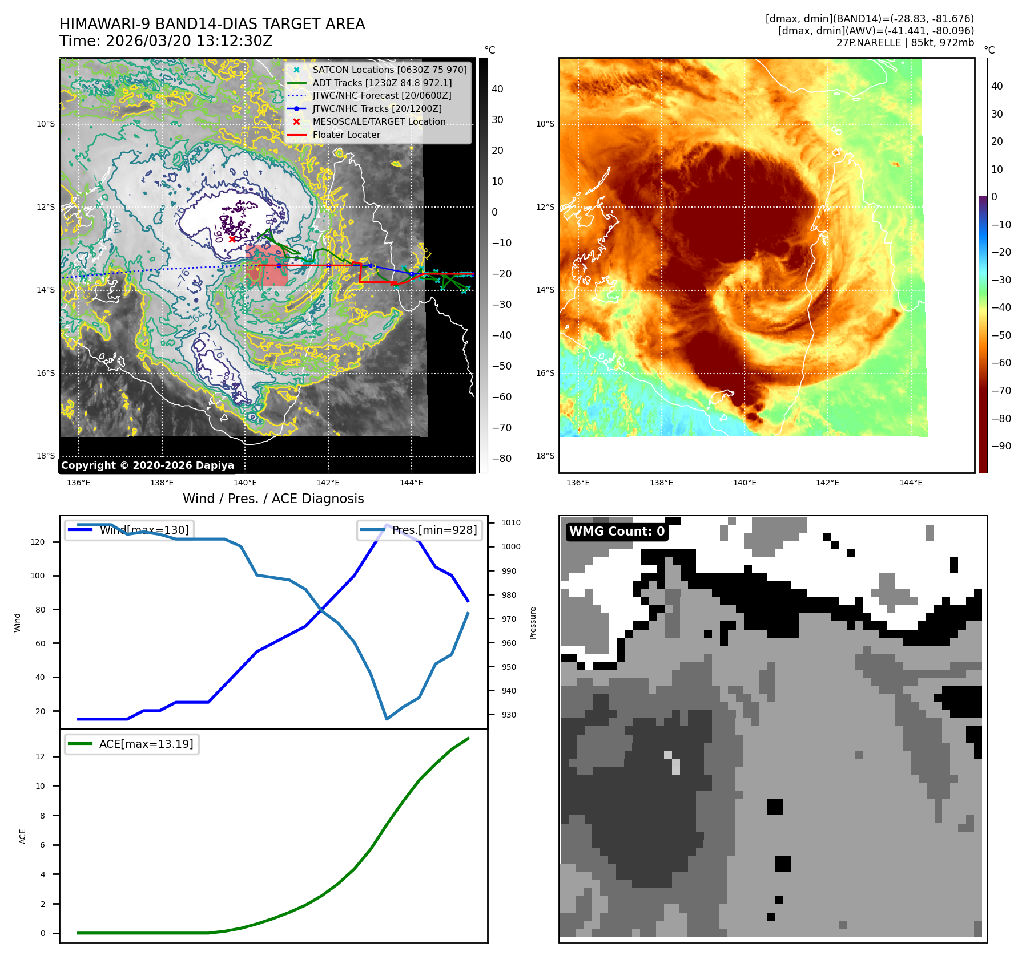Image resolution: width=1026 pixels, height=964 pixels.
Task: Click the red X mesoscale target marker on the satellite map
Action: (232, 239)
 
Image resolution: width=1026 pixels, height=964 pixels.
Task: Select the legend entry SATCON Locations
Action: (389, 70)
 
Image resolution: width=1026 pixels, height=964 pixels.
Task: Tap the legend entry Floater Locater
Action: (346, 135)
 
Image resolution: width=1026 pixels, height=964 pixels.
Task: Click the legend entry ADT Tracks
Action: (382, 83)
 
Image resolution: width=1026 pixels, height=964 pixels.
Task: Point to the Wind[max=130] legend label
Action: (144, 530)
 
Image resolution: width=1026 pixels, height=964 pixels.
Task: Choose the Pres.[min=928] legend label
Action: (434, 530)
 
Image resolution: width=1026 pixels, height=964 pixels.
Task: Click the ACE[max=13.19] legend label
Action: (146, 744)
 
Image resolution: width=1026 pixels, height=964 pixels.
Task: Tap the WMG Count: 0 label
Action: (617, 532)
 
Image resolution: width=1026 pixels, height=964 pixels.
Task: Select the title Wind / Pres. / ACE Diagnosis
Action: (273, 499)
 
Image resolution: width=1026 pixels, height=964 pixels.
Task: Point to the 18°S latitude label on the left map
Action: (46, 456)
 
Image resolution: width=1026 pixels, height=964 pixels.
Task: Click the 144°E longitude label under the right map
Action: (911, 483)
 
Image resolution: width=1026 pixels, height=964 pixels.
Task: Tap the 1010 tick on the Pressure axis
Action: (511, 522)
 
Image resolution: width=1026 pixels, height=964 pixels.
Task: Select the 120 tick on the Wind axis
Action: (38, 542)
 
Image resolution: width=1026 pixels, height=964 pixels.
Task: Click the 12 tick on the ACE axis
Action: (40, 757)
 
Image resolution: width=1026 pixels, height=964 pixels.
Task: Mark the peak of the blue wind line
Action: (387, 524)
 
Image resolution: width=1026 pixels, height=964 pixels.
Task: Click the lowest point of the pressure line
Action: (387, 719)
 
